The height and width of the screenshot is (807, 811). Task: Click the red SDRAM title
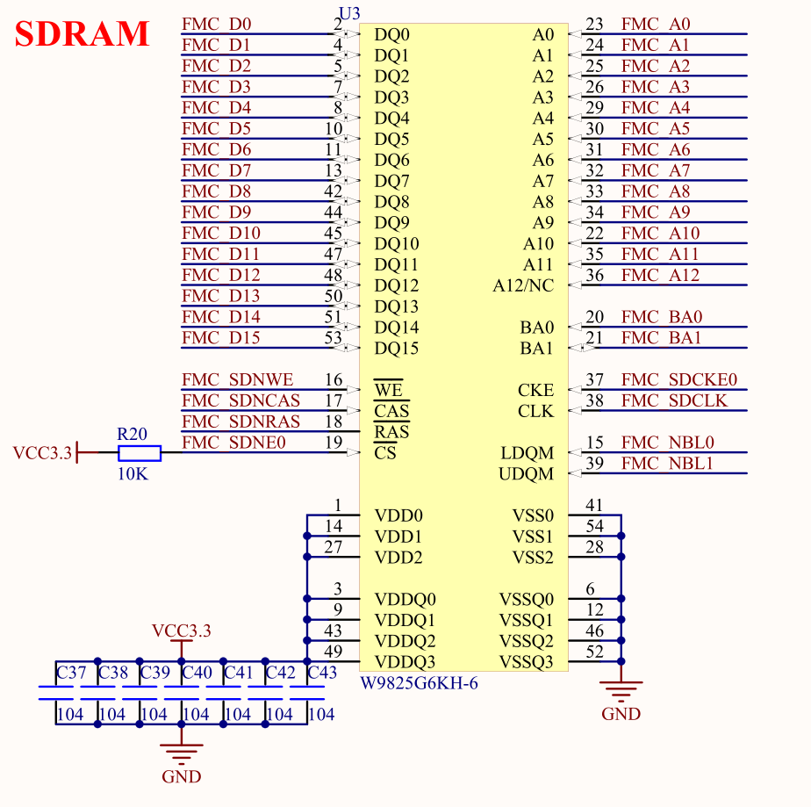click(83, 33)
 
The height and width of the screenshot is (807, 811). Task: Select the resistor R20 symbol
click(140, 453)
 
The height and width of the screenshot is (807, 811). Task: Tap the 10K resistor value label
click(133, 473)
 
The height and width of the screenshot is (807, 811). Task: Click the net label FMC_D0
click(216, 24)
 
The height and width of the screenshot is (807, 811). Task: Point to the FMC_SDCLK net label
click(674, 400)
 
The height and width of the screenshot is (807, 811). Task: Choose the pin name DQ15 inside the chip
click(397, 349)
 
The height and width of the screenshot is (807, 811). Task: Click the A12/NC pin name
click(523, 286)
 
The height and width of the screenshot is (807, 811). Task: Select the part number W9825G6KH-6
click(420, 683)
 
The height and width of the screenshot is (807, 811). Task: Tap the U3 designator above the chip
click(349, 12)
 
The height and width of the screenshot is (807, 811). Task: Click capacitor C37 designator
click(71, 674)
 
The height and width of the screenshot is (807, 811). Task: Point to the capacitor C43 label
click(322, 674)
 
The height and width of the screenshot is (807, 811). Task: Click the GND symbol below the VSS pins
click(621, 694)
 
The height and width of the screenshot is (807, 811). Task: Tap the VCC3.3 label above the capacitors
click(182, 630)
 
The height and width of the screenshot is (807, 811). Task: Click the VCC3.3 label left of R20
click(41, 453)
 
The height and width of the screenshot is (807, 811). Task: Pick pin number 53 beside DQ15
click(333, 338)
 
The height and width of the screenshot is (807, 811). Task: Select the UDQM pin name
click(527, 474)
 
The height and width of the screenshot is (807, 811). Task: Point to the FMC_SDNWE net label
click(237, 380)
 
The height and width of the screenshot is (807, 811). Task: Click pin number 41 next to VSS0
click(595, 505)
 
